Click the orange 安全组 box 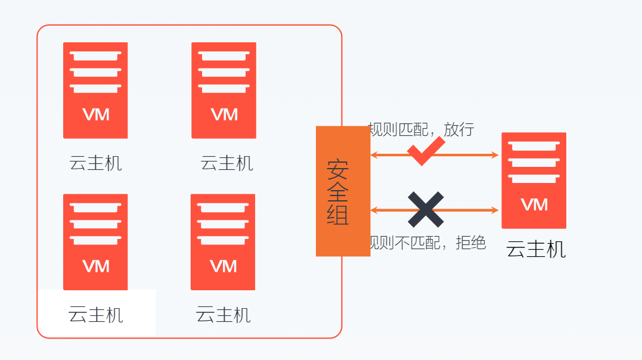[x=343, y=191]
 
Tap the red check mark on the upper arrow [x=426, y=151]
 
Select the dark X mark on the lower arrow [x=426, y=209]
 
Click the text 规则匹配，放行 [x=421, y=129]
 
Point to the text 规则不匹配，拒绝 [x=427, y=243]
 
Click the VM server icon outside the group [x=534, y=180]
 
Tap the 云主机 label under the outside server [x=535, y=249]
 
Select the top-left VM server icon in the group [x=95, y=90]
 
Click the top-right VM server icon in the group [x=224, y=90]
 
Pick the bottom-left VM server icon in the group [x=95, y=241]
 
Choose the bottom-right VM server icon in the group [x=223, y=241]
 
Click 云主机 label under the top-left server [x=95, y=163]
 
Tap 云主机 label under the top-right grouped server [x=227, y=163]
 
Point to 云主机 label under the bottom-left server [x=95, y=314]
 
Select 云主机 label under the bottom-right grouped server [x=223, y=314]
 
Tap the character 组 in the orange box [x=337, y=215]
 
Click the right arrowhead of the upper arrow [x=495, y=155]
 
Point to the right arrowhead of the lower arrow [x=495, y=210]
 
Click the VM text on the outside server [x=534, y=205]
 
